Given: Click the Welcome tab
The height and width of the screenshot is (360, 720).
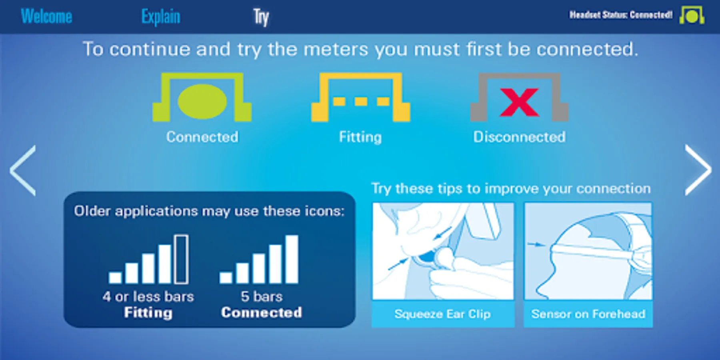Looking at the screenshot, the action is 46,16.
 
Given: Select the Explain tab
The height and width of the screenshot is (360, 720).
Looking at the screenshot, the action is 161,17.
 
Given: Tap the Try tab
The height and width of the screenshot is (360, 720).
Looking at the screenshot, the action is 261,17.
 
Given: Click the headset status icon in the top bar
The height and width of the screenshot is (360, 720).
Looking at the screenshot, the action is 692,15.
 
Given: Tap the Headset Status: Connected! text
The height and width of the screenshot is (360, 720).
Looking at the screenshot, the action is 621,15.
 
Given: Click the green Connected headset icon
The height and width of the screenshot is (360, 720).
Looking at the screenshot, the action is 202,97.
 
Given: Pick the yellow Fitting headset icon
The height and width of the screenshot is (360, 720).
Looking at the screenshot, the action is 360,97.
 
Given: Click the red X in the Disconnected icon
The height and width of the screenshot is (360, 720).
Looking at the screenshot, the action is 519,102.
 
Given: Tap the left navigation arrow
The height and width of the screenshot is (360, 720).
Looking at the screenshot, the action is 23,170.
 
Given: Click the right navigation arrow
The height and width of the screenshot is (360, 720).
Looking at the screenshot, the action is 698,170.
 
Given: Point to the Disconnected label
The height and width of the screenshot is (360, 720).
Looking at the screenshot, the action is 519,137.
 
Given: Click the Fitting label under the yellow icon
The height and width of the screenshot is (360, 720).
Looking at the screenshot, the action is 360,137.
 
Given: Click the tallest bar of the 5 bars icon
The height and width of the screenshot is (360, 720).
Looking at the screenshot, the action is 292,259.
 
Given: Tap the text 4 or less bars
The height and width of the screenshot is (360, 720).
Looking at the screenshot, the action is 148,296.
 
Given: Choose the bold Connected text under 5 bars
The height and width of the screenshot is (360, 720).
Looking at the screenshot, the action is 262,312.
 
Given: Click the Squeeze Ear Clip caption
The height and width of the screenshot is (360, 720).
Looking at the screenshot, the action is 442,314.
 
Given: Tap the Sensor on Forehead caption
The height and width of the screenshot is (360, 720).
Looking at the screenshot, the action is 588,314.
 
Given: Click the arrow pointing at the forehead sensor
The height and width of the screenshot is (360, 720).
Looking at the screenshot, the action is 536,244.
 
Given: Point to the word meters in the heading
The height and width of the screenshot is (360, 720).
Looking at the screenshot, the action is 336,50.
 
